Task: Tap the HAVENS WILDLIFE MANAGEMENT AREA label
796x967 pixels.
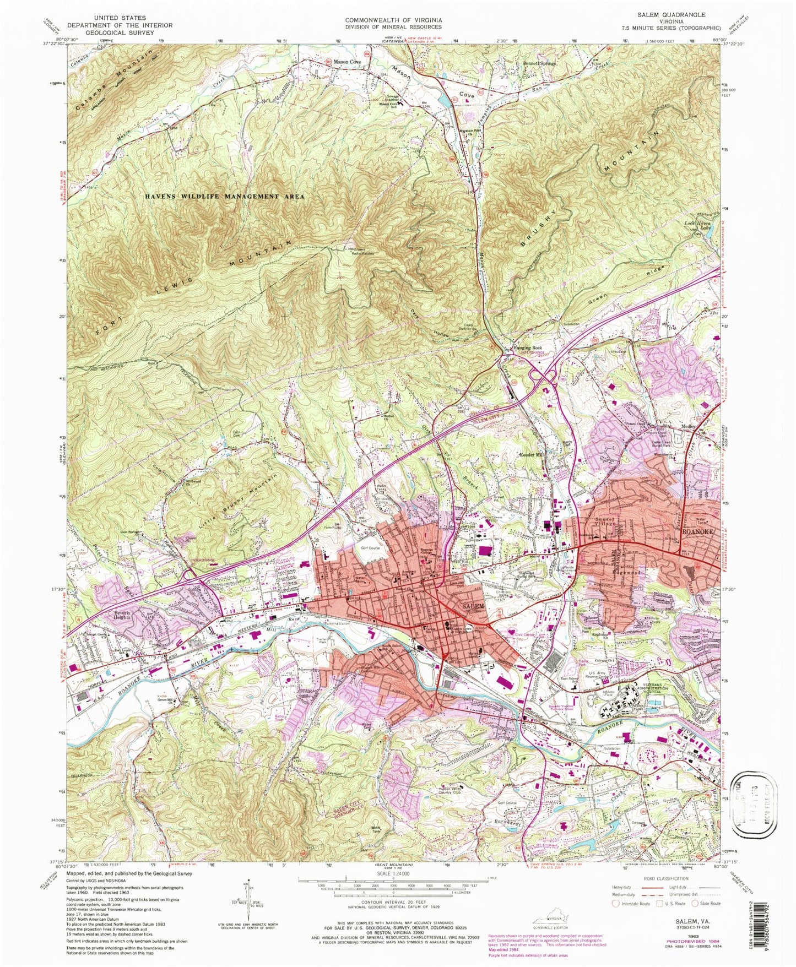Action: tap(225, 196)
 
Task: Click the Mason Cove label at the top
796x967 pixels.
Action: tap(347, 63)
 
